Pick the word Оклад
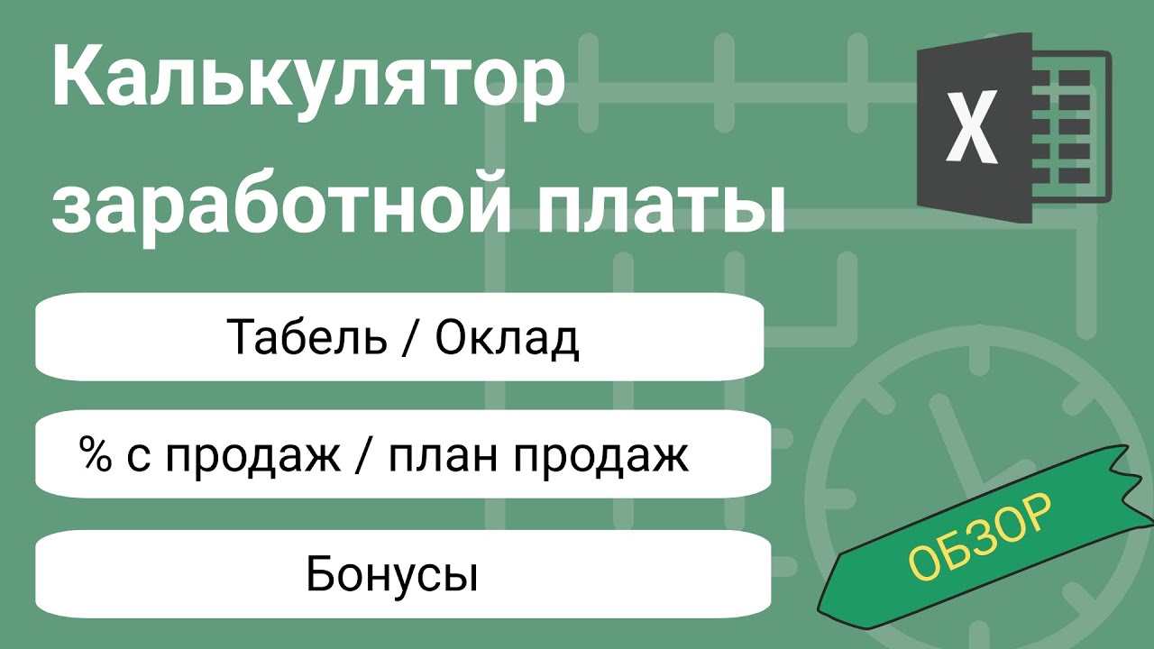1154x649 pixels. click(x=506, y=339)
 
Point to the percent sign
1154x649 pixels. click(x=93, y=455)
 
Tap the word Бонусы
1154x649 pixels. click(x=391, y=574)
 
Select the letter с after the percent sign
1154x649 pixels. click(x=133, y=459)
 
